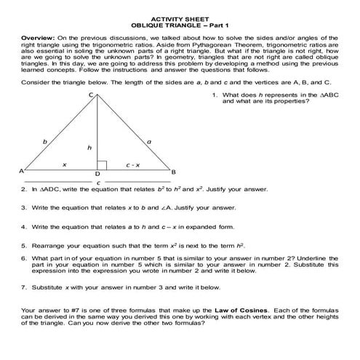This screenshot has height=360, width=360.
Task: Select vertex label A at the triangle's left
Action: click(x=21, y=171)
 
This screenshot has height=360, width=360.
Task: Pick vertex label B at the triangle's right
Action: click(x=174, y=171)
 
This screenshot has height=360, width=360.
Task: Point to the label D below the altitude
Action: click(x=98, y=175)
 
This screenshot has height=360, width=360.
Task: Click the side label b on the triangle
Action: click(x=46, y=140)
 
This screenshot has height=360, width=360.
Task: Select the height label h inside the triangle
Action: click(x=89, y=148)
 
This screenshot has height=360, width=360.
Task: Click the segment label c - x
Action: click(x=132, y=166)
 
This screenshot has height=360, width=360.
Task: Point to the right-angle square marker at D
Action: click(x=103, y=166)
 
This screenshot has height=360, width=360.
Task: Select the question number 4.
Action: click(x=23, y=227)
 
